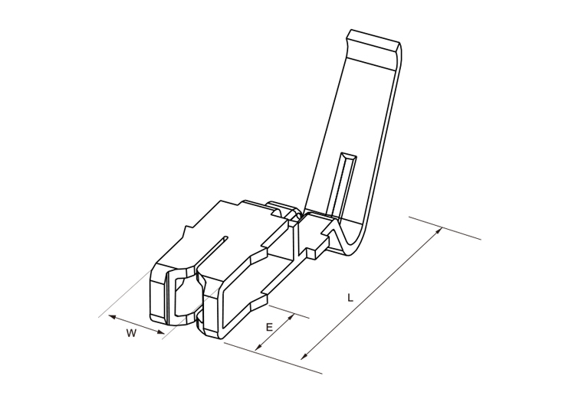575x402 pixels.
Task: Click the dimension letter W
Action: [131, 333]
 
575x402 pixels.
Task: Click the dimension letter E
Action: [269, 327]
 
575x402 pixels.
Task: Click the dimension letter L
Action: [350, 297]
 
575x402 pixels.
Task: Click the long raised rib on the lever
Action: [343, 184]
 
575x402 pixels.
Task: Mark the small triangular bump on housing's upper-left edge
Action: [186, 230]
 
